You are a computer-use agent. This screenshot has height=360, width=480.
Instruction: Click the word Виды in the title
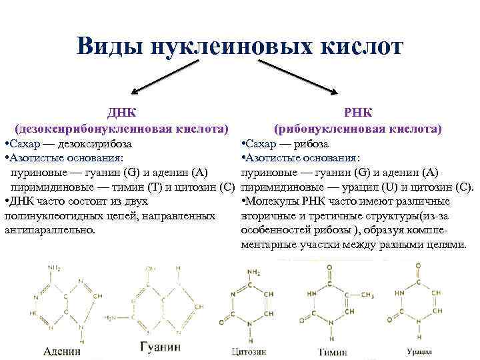(x=109, y=47)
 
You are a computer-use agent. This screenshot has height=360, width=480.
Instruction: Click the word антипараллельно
(x=50, y=230)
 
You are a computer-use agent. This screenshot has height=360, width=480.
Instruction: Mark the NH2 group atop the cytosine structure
(x=253, y=273)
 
